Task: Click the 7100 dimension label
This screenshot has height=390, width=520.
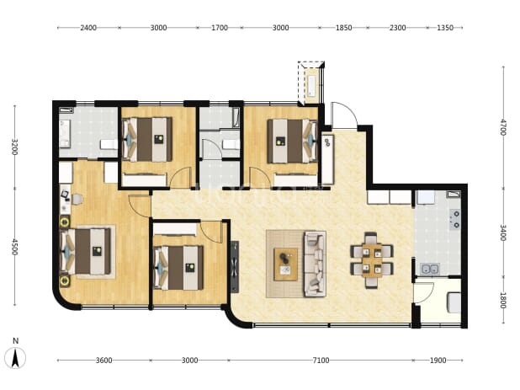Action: [x=321, y=361]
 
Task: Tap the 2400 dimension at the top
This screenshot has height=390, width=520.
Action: [x=88, y=28]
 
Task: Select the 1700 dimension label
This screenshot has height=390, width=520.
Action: [x=220, y=28]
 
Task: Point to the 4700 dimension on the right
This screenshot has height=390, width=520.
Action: [x=503, y=127]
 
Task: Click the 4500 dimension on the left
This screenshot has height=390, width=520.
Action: [x=14, y=247]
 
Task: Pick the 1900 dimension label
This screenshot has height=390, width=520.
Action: [x=438, y=361]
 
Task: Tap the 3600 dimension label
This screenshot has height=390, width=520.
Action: [x=103, y=361]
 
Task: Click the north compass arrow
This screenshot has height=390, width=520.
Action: [x=15, y=359]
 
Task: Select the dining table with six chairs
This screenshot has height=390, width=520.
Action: [x=372, y=259]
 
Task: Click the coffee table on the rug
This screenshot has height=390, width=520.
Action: [x=285, y=264]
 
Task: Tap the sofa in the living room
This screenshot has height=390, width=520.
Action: [x=315, y=264]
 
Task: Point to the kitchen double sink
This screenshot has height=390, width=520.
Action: [x=430, y=270]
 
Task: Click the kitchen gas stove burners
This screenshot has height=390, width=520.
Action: [x=454, y=219]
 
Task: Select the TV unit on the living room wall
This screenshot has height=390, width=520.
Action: [x=235, y=266]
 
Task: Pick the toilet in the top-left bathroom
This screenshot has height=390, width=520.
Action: [x=109, y=144]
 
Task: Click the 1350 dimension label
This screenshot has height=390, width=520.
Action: [x=445, y=28]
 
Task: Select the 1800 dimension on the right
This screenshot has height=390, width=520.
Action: [x=503, y=300]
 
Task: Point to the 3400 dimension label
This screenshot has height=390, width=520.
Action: [x=503, y=233]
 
